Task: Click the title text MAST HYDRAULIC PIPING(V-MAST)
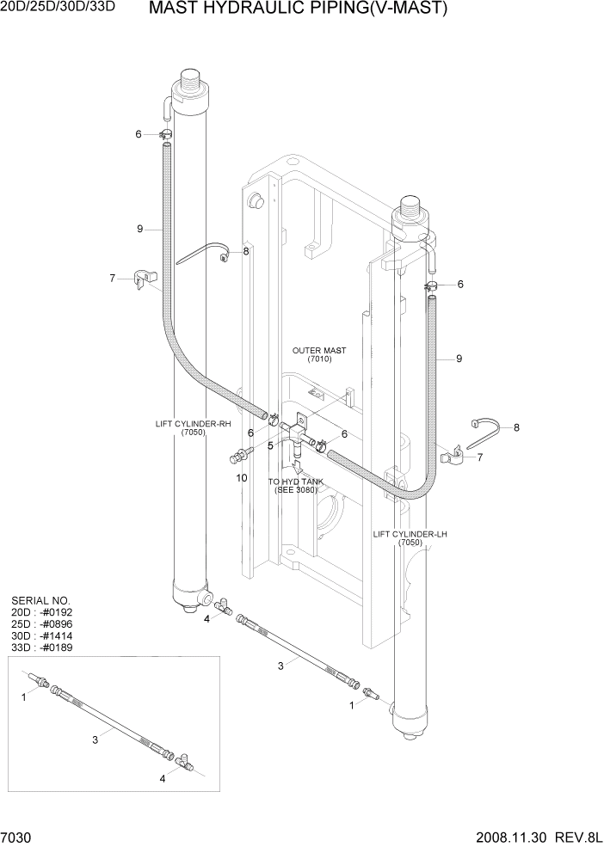298,10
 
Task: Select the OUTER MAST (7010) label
319,355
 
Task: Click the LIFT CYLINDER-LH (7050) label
410,538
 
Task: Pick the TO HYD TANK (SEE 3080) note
296,486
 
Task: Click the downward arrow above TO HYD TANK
298,467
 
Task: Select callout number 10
242,477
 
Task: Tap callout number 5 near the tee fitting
270,445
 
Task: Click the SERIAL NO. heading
40,600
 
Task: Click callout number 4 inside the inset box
163,779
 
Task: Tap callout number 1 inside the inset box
24,698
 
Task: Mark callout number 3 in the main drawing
280,666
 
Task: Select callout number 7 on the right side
479,457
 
